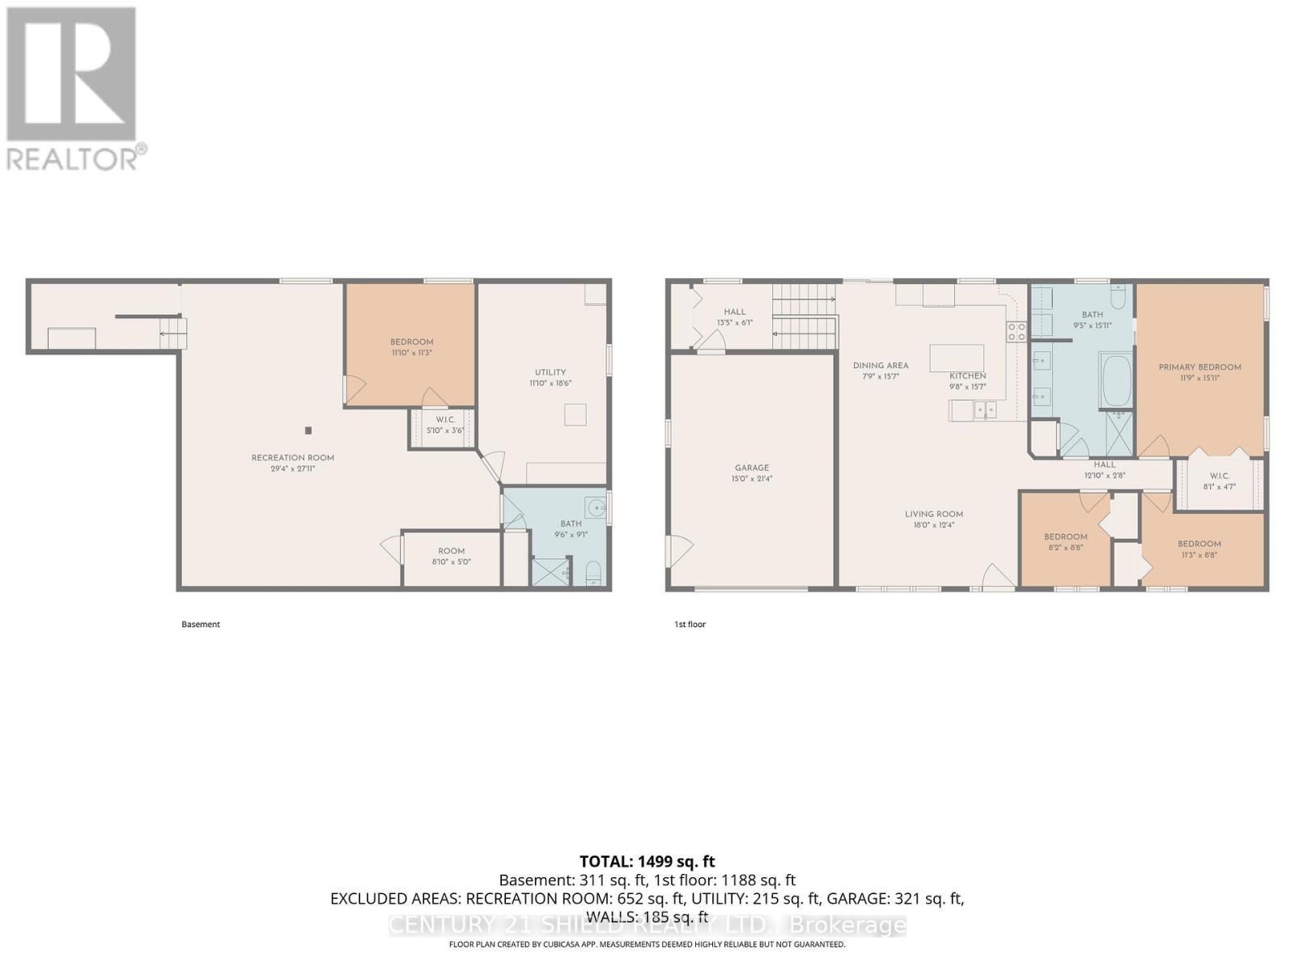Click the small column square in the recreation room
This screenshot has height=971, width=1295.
pyautogui.click(x=308, y=430)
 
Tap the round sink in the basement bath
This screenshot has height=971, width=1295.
pyautogui.click(x=597, y=508)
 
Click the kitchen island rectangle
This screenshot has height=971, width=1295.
pyautogui.click(x=957, y=357)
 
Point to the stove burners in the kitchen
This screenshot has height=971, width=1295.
pyautogui.click(x=1017, y=332)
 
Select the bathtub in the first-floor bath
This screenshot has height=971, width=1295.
pyautogui.click(x=1116, y=380)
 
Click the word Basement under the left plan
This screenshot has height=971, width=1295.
pyautogui.click(x=201, y=625)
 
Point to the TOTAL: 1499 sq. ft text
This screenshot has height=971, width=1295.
pyautogui.click(x=647, y=862)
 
